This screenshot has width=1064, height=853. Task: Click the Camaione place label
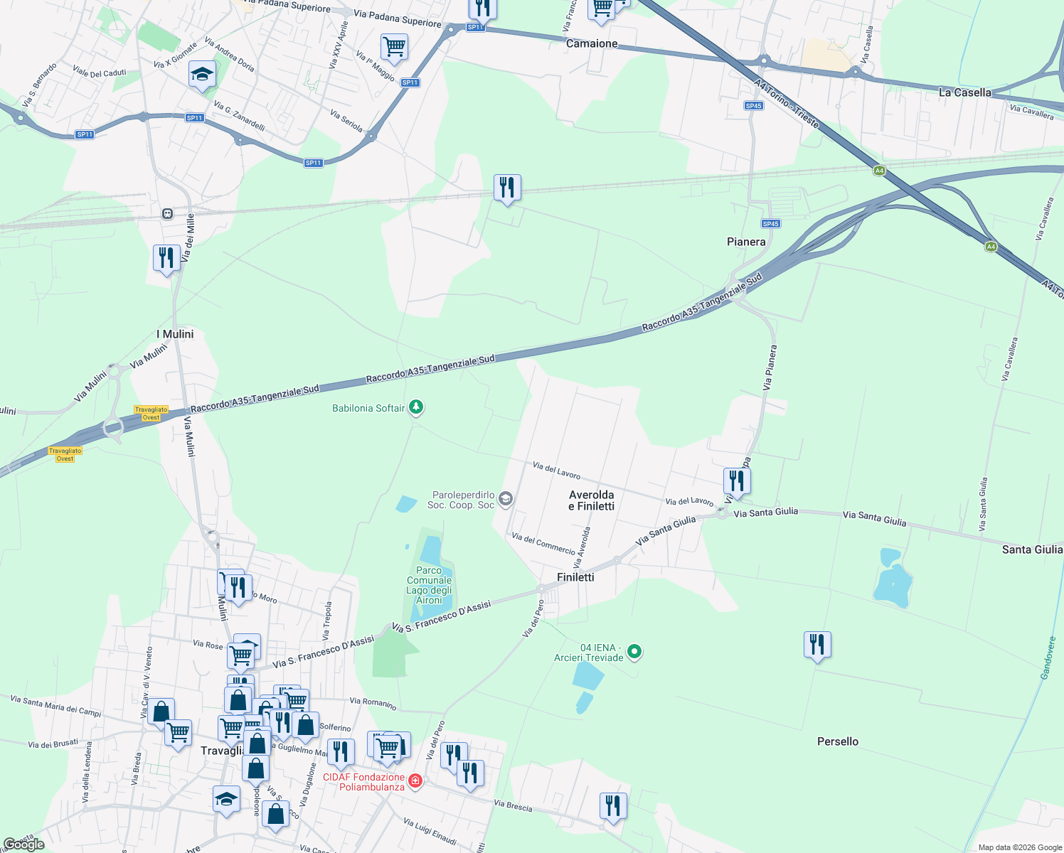(x=592, y=44)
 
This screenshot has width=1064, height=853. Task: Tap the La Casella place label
(x=964, y=92)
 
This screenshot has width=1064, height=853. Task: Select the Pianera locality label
(x=746, y=242)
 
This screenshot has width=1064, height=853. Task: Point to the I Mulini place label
(x=175, y=334)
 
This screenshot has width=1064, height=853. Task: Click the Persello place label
(x=837, y=741)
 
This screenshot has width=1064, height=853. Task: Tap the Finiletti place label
(x=575, y=577)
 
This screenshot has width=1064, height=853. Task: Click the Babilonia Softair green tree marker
(x=416, y=407)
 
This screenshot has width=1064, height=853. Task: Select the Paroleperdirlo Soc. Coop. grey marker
(x=505, y=498)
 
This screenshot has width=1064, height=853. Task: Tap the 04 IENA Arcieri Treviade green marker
(x=635, y=651)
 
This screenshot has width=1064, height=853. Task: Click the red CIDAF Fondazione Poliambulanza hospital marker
(x=415, y=781)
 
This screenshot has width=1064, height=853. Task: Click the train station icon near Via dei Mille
(x=167, y=213)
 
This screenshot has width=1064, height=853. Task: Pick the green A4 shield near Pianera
(x=991, y=247)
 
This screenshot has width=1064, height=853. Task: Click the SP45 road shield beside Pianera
(x=770, y=224)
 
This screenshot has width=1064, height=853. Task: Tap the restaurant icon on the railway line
(x=507, y=188)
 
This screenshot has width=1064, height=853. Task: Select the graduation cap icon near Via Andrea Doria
(x=202, y=74)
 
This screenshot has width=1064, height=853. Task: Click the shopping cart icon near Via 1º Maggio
(x=394, y=47)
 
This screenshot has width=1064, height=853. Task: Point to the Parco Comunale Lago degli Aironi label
(x=429, y=585)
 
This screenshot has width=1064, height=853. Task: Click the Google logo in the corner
(x=23, y=844)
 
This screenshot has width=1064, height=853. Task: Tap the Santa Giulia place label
(x=1032, y=549)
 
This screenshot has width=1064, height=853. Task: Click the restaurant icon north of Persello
(x=817, y=645)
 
